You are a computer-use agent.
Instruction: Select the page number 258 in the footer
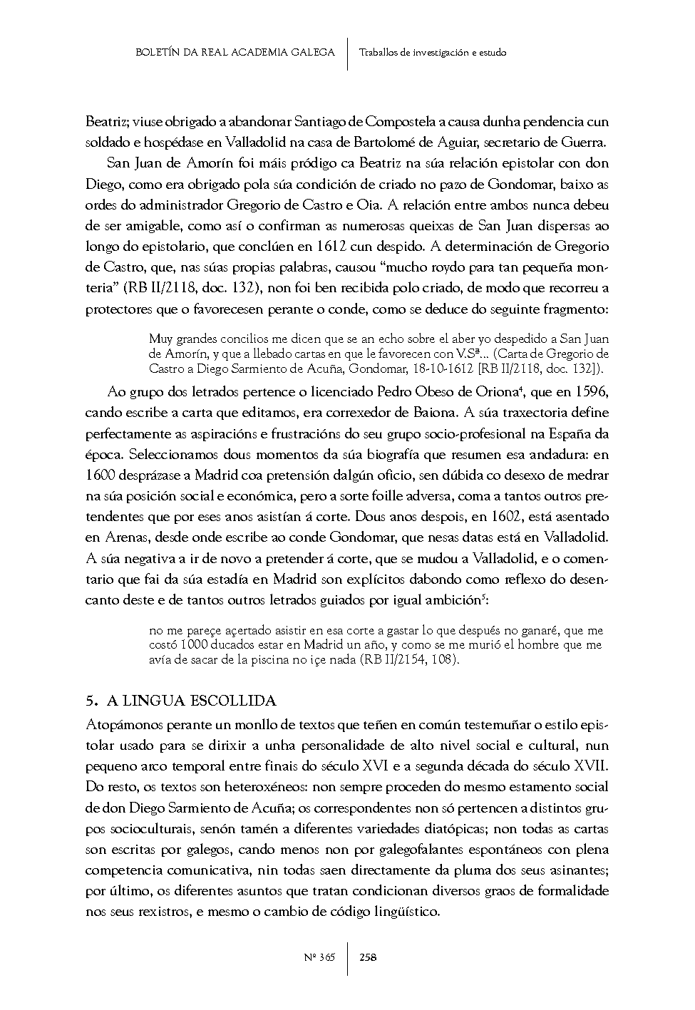click(369, 957)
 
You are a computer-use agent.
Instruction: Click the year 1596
click(592, 392)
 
